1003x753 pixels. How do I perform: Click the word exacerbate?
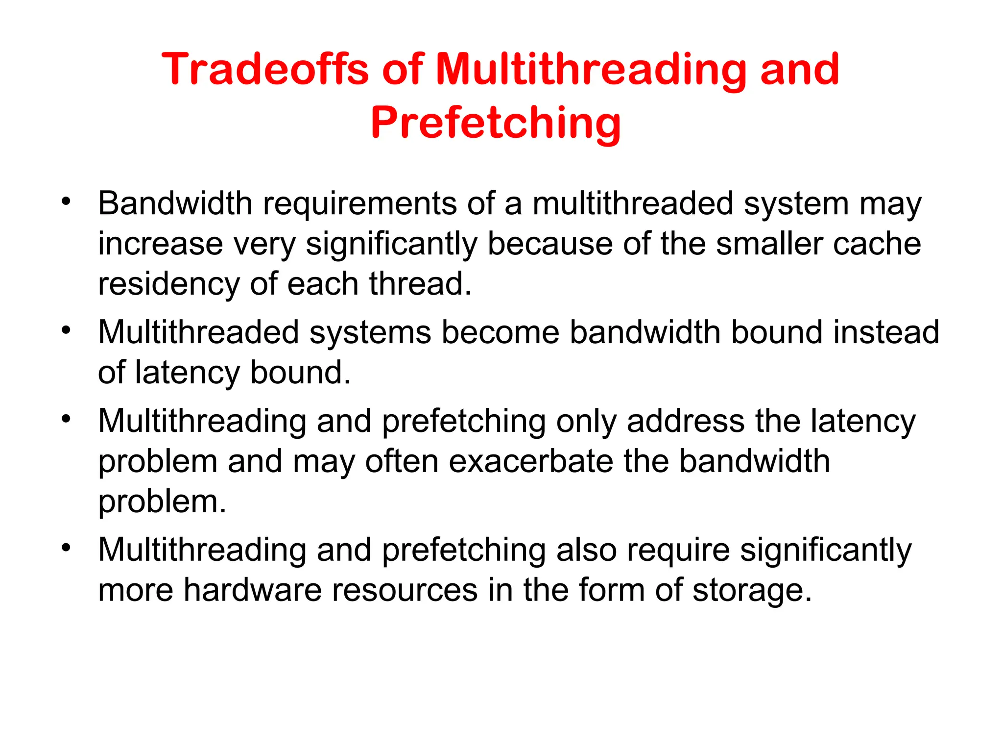tap(530, 461)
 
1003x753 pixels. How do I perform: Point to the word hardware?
tap(252, 590)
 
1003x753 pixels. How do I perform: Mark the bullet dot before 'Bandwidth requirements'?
tap(66, 201)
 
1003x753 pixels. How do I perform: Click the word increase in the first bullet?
tap(160, 244)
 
